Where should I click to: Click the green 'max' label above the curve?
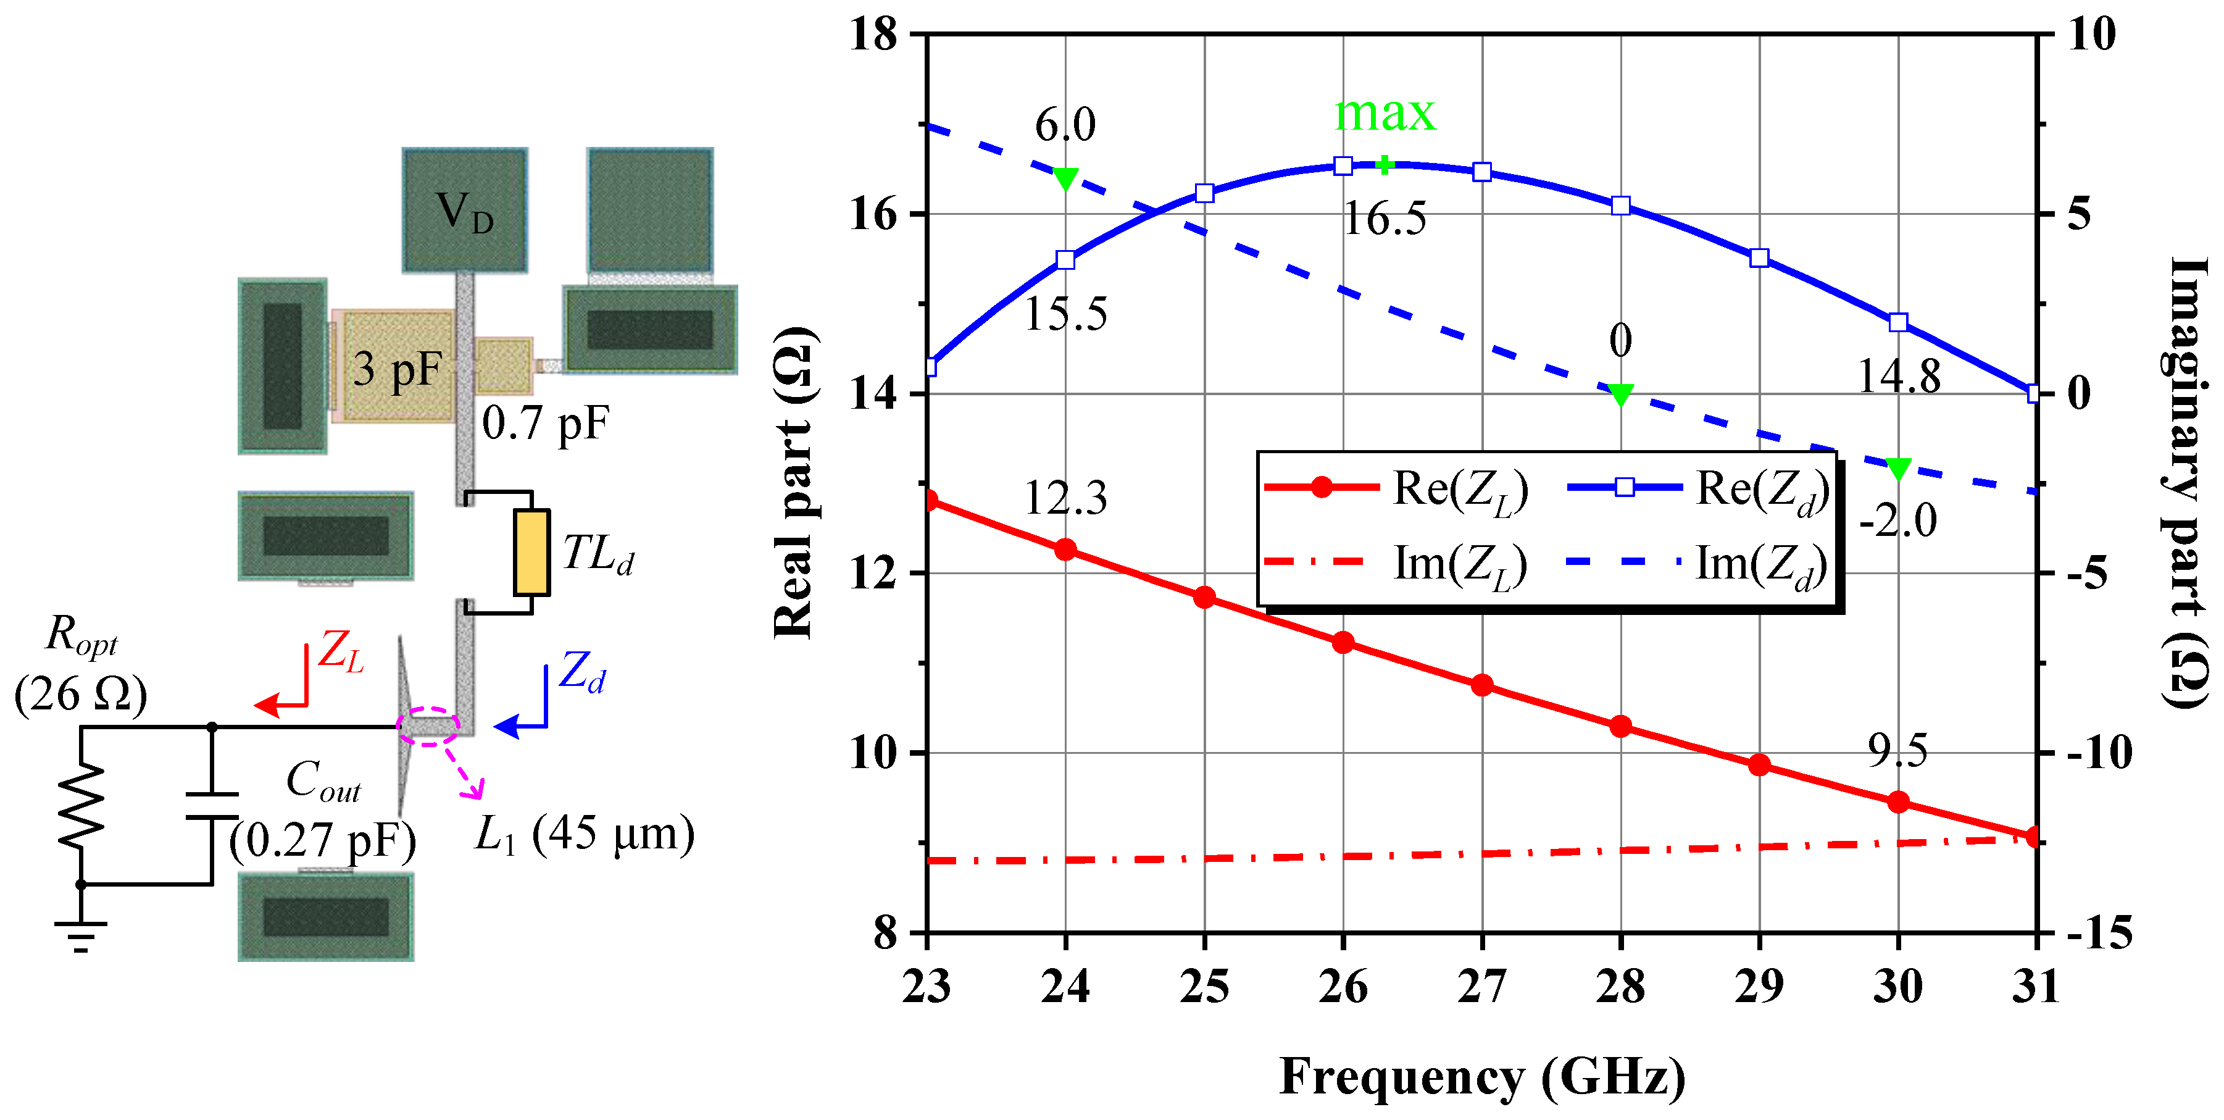[1385, 113]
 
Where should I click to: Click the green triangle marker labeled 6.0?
[1065, 178]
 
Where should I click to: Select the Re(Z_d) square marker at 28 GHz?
[1620, 206]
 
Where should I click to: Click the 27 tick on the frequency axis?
[1481, 986]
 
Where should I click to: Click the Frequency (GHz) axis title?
[1481, 1076]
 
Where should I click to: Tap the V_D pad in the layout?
[464, 211]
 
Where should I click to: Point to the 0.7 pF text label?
[546, 423]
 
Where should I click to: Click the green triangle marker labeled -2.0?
[1897, 469]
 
